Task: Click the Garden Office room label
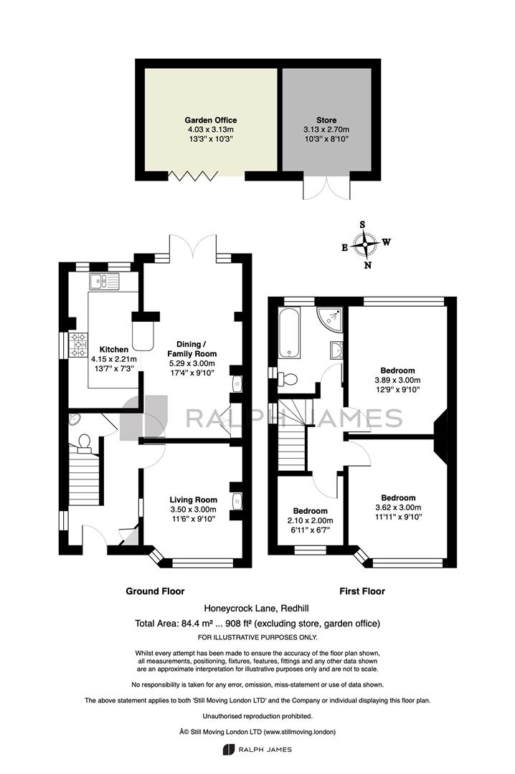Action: (x=211, y=120)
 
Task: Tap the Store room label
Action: (x=326, y=120)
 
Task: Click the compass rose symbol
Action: (x=365, y=244)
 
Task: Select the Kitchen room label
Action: (x=113, y=350)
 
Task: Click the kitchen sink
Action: (x=104, y=282)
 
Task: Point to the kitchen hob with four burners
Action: (x=79, y=345)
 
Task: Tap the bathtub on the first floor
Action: (x=289, y=333)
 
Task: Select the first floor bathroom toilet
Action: (x=287, y=379)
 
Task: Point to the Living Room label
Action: (x=193, y=500)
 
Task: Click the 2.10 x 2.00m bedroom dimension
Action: (x=311, y=520)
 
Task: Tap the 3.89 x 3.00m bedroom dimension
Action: (x=398, y=380)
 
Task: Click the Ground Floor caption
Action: (x=155, y=591)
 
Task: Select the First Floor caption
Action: (x=362, y=591)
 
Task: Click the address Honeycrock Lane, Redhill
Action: (x=257, y=608)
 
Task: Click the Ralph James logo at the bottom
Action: (x=257, y=750)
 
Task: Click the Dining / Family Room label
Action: (x=192, y=348)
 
